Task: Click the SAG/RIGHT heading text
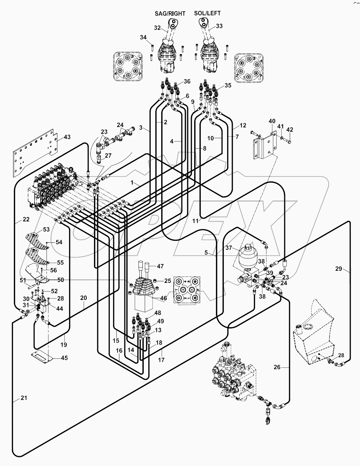coord(170,14)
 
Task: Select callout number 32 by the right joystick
coord(157,28)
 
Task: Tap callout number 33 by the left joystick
coord(219,26)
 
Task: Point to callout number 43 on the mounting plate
coord(67,137)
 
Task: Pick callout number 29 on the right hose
coord(339,269)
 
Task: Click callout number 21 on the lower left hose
coord(23,398)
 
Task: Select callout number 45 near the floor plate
coord(64,358)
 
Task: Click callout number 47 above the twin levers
coord(160,266)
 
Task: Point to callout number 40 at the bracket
coord(272,121)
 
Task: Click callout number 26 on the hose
coord(277,367)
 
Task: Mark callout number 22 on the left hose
coord(26,219)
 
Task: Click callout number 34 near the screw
coord(143,37)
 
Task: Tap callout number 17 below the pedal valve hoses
coord(161,360)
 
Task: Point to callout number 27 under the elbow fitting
coord(108,156)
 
